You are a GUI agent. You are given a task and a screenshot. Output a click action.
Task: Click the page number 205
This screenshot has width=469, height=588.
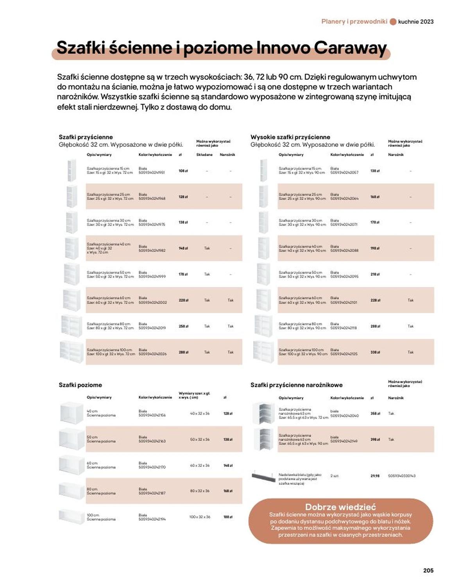(428, 570)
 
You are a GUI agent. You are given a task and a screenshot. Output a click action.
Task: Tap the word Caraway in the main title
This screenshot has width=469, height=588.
(350, 48)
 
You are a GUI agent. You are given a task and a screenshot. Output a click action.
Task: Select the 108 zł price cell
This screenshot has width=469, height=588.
(183, 171)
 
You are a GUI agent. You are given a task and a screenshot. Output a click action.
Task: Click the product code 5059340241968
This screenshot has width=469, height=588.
(152, 198)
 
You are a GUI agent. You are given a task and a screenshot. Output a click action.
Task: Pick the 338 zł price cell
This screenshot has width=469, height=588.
(375, 352)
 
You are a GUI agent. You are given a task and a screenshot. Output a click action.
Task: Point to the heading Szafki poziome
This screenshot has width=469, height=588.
(80, 385)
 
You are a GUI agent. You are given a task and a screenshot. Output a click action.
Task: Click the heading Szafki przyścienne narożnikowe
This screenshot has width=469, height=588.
(296, 385)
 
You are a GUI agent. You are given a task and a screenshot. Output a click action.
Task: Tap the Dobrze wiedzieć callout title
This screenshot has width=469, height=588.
(340, 507)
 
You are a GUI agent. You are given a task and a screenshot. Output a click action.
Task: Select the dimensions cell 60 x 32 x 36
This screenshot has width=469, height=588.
(200, 466)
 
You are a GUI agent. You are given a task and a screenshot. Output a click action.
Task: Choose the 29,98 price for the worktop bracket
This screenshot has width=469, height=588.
(375, 476)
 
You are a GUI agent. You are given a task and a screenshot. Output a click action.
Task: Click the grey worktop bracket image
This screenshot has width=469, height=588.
(263, 477)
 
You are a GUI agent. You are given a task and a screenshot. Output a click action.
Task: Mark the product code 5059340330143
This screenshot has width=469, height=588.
(402, 476)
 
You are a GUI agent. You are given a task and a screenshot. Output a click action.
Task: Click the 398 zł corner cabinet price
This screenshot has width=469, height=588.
(375, 439)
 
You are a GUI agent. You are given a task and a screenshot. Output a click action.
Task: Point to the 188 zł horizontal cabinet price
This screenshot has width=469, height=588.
(228, 517)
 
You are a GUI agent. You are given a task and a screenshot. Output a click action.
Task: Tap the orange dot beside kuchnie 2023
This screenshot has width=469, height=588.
(393, 22)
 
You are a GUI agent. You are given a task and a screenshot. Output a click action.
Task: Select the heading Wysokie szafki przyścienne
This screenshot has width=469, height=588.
(290, 137)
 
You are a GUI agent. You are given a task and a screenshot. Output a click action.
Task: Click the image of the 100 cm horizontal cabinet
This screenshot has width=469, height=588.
(72, 516)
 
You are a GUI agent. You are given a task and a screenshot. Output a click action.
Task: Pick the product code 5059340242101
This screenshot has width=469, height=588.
(344, 302)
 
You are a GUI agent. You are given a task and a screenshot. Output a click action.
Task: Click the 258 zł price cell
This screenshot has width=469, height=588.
(183, 326)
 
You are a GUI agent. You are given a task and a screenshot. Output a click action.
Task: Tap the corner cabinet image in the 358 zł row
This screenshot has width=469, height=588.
(264, 413)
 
